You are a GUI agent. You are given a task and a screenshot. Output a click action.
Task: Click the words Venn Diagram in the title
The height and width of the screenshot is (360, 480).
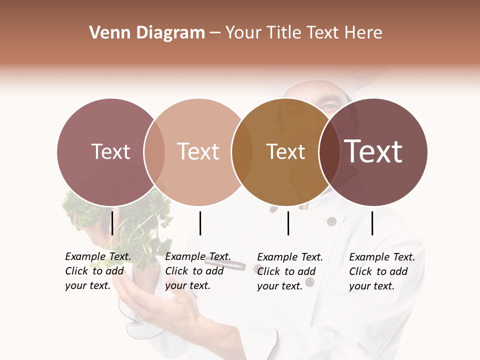coord(147,33)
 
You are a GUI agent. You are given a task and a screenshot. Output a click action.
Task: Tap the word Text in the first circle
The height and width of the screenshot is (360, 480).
coord(110,151)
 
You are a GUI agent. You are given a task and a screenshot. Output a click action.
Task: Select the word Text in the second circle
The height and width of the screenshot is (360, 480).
coord(198,151)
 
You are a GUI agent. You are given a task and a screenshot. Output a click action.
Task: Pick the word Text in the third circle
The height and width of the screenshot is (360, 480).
coord(285,151)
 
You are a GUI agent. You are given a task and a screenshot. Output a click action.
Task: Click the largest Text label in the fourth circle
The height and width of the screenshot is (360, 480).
coord(373,151)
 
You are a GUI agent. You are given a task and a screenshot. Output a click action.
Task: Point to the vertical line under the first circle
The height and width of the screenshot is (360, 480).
coord(112,222)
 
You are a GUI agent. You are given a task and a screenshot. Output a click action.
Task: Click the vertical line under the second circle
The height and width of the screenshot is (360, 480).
coord(200,223)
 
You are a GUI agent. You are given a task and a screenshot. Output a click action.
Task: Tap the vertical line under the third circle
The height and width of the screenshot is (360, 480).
coord(288,223)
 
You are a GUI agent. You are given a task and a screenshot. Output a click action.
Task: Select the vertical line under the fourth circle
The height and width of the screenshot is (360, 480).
coord(372,223)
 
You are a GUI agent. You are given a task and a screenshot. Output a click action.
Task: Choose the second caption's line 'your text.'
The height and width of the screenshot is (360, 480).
coord(187,285)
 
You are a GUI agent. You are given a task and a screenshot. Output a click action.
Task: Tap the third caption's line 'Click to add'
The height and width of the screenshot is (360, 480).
coord(286,271)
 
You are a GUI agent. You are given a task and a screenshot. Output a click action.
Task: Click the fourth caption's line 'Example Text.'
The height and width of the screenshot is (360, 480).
coord(382,257)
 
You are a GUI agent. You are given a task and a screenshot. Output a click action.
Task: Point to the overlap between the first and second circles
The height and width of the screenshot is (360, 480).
coord(154,152)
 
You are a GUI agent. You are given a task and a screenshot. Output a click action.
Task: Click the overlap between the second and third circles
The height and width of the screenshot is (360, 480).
coord(242,152)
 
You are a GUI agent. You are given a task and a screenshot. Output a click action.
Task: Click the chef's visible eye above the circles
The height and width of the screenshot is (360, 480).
coord(328,106)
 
